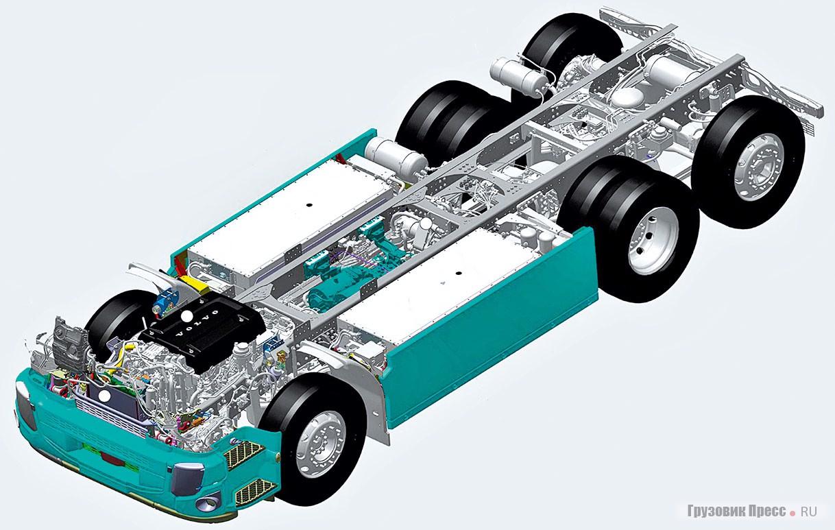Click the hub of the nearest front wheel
pyautogui.click(x=322, y=445)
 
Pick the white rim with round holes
pyautogui.click(x=653, y=241)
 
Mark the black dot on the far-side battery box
pyautogui.click(x=308, y=205)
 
